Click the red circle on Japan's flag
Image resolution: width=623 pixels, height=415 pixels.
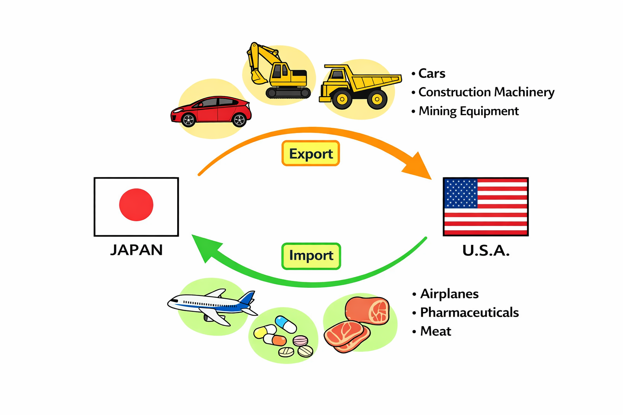tap(136, 205)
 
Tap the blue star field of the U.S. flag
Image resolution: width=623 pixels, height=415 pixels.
tap(461, 193)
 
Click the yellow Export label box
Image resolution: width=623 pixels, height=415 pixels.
tap(311, 154)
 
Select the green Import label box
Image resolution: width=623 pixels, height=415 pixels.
tap(311, 256)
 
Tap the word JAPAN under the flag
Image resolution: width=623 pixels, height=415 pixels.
tap(136, 250)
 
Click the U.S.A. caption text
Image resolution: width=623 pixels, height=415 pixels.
tap(486, 251)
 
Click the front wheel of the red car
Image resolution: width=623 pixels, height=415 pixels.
tap(188, 120)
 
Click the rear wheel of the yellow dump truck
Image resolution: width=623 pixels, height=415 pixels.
tap(377, 99)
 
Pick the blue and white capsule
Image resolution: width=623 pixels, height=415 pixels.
tap(286, 324)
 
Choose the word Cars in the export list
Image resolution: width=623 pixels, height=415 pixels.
tap(432, 73)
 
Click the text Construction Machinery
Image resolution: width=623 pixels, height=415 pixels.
tap(486, 92)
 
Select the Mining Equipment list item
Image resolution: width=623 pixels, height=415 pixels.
tap(468, 111)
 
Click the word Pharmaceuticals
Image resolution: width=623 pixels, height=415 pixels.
tap(469, 312)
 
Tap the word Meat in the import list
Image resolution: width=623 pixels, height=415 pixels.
tap(436, 331)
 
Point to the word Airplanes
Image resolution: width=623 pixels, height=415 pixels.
tap(449, 294)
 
